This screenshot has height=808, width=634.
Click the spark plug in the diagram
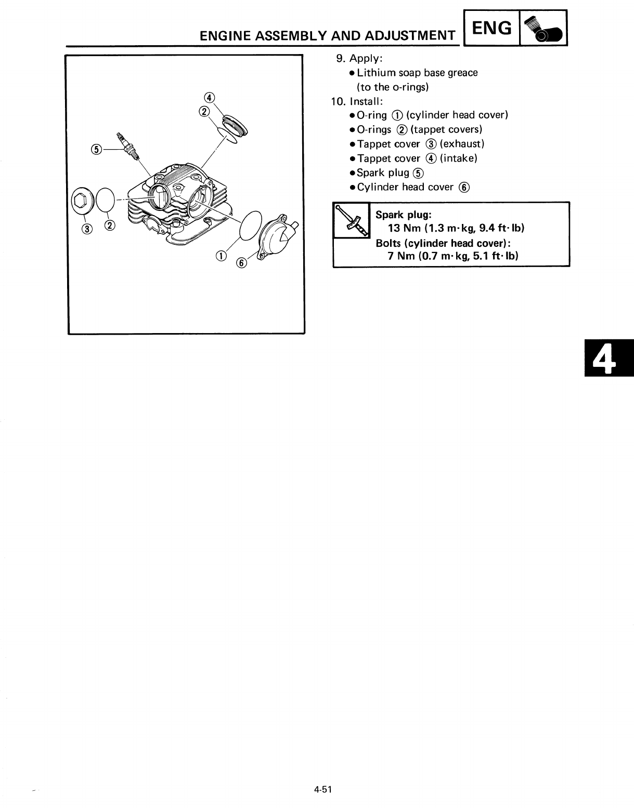click(129, 145)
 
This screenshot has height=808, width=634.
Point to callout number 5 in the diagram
click(97, 149)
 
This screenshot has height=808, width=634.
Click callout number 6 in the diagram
click(242, 263)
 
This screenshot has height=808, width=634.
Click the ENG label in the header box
click(491, 28)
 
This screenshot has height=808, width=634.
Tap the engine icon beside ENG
click(544, 30)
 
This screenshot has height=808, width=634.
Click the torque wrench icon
click(351, 220)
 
